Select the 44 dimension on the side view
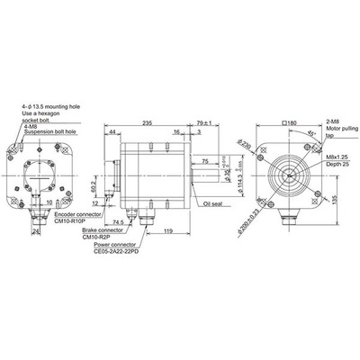pos(112,131)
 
